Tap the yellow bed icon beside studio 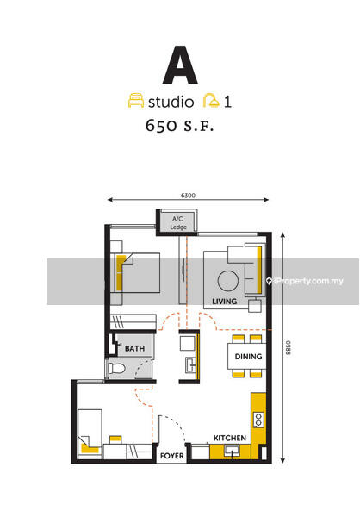[x=136, y=101]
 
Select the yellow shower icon [x=211, y=101]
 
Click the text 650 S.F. [x=180, y=126]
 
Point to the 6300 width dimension [x=188, y=196]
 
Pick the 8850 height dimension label [x=289, y=347]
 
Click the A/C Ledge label [x=178, y=223]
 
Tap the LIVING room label [x=224, y=302]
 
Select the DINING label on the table [x=248, y=357]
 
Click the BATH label [x=134, y=348]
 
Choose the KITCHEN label [x=230, y=439]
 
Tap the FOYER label [x=171, y=456]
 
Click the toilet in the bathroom [x=117, y=368]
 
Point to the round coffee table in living [x=228, y=281]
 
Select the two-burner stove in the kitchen [x=258, y=420]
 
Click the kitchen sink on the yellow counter [x=232, y=451]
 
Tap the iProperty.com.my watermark [x=305, y=281]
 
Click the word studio [x=171, y=102]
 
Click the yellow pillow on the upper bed [x=121, y=273]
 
